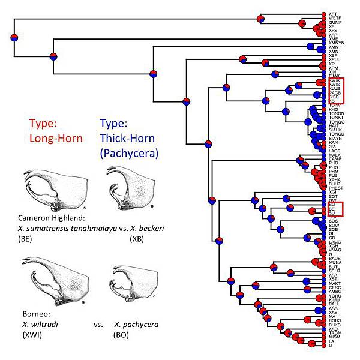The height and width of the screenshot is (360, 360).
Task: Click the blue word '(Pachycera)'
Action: pyautogui.click(x=129, y=153)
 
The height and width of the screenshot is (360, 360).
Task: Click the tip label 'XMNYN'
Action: pyautogui.click(x=337, y=43)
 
